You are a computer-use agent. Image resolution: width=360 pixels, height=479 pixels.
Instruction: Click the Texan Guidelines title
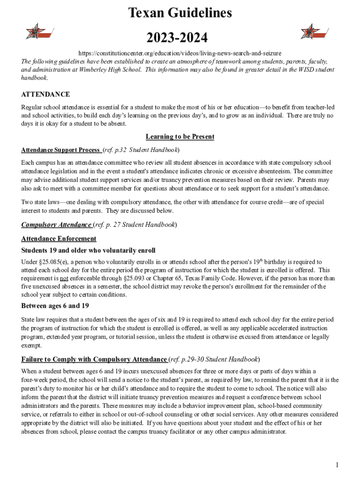[180, 13]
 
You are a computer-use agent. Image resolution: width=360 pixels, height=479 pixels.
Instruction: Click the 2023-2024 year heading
[180, 37]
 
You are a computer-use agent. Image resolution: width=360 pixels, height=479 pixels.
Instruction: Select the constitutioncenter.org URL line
[180, 53]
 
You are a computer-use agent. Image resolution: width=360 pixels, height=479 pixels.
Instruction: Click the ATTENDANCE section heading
[45, 94]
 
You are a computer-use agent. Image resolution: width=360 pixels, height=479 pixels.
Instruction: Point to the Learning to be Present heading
[180, 137]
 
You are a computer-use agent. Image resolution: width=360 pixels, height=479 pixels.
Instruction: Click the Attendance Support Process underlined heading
[61, 150]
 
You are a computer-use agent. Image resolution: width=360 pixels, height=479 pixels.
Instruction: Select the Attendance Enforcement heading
[59, 239]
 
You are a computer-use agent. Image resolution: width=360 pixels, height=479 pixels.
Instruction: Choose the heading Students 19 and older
[88, 250]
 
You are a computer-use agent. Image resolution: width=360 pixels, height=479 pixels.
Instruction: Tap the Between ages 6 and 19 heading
[55, 306]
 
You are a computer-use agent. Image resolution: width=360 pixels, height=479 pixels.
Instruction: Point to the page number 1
[337, 465]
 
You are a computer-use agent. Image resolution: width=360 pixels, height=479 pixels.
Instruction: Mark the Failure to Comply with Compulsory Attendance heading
[94, 359]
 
